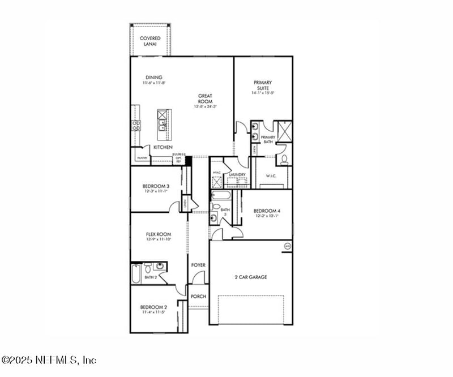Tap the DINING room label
pos(153,78)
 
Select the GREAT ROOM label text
pos(204,98)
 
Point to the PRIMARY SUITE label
pos(263,86)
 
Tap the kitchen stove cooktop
pos(136,125)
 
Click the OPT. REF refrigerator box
pos(179,160)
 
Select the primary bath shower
pos(284,129)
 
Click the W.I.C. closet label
pos(271,176)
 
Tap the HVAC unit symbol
pos(216,181)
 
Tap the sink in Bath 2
pos(160,266)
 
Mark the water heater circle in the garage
pos(287,246)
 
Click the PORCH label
pos(198,296)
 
